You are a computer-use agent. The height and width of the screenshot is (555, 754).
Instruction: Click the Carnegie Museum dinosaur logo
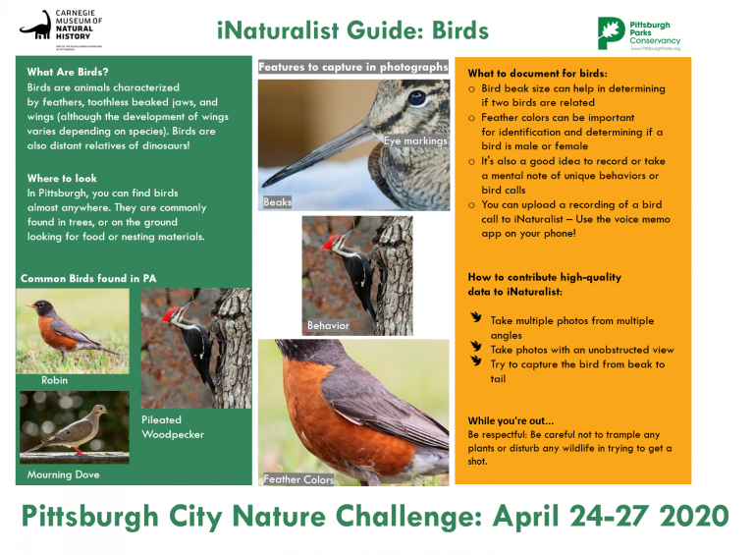(36, 27)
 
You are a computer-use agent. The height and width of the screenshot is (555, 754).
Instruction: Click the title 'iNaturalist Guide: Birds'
(352, 30)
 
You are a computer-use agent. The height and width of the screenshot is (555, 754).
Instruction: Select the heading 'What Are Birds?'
(68, 73)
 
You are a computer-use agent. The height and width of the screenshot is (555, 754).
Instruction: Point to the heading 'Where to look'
(63, 179)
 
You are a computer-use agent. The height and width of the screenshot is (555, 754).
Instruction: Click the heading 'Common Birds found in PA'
(88, 279)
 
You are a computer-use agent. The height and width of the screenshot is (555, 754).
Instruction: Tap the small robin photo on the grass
(72, 331)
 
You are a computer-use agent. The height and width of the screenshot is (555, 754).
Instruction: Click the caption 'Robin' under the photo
(55, 380)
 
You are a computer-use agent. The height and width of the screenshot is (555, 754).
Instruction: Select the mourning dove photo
(74, 427)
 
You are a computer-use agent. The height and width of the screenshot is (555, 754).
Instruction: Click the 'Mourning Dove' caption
(64, 474)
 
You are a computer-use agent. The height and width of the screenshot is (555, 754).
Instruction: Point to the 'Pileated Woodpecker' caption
(174, 426)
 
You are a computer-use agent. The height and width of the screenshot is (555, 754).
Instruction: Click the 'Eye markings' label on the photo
(415, 141)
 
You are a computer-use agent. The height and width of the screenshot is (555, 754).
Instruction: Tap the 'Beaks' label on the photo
(277, 202)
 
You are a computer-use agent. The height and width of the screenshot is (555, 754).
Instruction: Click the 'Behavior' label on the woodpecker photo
(328, 325)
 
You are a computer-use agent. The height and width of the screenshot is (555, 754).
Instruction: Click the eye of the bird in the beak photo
(416, 97)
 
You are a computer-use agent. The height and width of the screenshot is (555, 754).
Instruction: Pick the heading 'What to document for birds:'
(537, 74)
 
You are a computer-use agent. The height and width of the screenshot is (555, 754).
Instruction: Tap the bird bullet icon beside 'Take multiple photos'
(476, 319)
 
